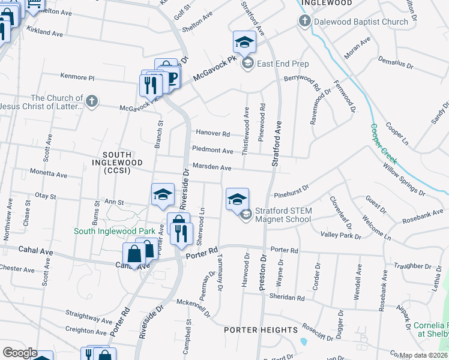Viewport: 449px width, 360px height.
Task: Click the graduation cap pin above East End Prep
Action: click(244, 42)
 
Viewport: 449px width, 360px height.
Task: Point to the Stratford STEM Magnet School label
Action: click(283, 215)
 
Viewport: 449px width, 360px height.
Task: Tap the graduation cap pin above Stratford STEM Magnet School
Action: click(237, 199)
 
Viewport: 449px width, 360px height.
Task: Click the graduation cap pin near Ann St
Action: click(162, 194)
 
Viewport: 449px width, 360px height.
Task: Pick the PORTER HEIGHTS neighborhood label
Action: click(261, 330)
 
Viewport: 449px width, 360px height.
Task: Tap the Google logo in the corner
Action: click(19, 353)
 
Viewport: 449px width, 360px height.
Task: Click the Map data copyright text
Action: click(424, 355)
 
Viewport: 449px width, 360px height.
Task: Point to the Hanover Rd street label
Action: click(211, 134)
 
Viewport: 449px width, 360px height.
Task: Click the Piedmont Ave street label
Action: click(212, 151)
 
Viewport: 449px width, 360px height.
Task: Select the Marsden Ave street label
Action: click(211, 168)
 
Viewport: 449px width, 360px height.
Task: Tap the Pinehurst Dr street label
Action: click(291, 191)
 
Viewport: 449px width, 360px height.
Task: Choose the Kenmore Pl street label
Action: click(77, 77)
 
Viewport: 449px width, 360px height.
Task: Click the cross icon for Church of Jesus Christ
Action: click(91, 101)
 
